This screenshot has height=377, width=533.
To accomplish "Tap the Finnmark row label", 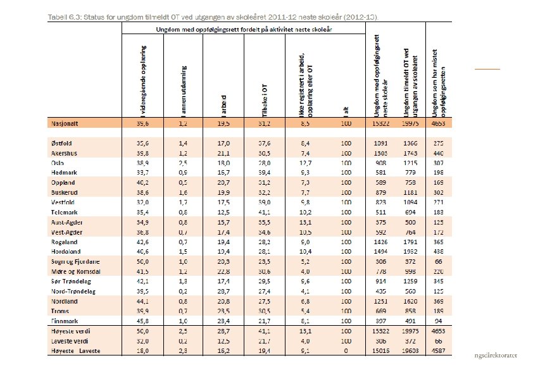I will point(63,321).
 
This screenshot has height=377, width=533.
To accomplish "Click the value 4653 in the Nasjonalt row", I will point(438,125).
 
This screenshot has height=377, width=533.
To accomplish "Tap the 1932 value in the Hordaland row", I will point(410,252).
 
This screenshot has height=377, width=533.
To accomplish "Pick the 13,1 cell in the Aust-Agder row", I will point(304,222).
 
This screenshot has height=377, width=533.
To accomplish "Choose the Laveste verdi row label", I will point(70,341).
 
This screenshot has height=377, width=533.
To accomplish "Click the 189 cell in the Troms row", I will point(438,311).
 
